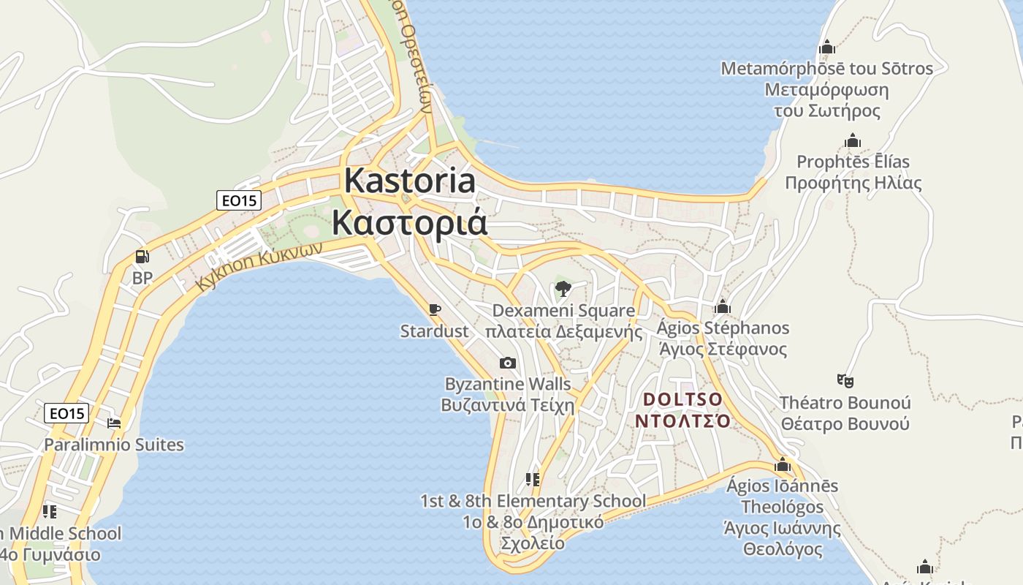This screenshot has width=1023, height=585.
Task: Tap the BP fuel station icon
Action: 142,257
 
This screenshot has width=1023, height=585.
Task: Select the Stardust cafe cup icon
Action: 435,309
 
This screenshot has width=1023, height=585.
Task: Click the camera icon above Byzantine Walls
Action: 507,363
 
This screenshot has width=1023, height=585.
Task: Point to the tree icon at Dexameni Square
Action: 563,289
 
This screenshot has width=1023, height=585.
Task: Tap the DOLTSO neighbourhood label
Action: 683,400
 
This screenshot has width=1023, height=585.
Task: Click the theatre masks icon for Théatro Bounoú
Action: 845,380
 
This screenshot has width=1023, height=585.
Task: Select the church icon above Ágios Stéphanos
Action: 723,306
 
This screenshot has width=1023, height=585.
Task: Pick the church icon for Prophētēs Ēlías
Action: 853,140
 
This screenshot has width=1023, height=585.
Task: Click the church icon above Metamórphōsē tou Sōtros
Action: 827,48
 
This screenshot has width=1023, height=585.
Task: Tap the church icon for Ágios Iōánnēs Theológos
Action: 783,464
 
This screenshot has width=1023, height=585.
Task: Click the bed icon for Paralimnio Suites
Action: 114,423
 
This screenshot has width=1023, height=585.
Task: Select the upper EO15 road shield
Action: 239,200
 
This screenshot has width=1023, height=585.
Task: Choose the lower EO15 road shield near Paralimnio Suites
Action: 66,413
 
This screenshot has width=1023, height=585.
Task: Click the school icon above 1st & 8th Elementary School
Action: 533,480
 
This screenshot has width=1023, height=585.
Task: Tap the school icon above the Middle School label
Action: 50,511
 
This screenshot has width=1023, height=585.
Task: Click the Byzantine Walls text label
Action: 508,384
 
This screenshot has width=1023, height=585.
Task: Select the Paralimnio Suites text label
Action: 114,445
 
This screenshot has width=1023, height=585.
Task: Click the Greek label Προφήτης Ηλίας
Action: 853,183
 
